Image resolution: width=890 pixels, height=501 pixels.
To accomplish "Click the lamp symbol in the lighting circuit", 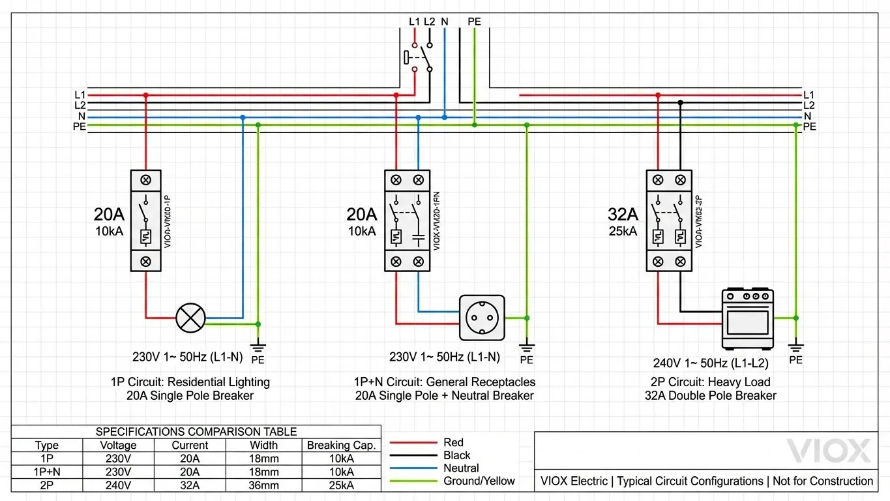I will [191, 318].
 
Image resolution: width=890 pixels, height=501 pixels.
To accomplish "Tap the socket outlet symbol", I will [482, 318].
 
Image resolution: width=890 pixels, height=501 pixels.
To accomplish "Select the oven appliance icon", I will [747, 319].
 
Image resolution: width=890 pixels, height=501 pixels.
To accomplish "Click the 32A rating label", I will [623, 214].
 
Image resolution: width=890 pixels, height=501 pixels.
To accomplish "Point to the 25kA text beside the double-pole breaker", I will [623, 231].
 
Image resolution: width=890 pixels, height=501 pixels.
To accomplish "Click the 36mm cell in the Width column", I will [263, 485].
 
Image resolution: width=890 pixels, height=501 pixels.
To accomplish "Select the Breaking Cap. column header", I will [342, 445].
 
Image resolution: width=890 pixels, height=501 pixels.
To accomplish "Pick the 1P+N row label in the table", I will [46, 472].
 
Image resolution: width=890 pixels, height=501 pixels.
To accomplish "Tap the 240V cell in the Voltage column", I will [118, 485].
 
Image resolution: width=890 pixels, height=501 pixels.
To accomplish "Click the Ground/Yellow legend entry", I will [479, 481].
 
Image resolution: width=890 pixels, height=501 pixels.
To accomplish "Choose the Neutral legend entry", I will [461, 468].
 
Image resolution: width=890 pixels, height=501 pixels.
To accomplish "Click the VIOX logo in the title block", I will [828, 451].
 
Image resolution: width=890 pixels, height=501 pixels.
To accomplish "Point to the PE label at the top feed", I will [474, 22].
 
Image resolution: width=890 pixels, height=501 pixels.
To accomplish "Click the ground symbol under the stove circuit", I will [795, 346].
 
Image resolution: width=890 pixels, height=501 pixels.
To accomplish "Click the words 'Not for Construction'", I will [823, 481].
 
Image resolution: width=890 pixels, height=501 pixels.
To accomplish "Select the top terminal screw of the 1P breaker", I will [146, 179].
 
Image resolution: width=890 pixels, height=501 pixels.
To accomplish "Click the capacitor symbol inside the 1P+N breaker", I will [418, 237].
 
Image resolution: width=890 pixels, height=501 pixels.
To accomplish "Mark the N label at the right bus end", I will [808, 116].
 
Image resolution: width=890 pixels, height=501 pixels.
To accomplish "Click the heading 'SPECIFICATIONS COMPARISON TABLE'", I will [196, 431].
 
